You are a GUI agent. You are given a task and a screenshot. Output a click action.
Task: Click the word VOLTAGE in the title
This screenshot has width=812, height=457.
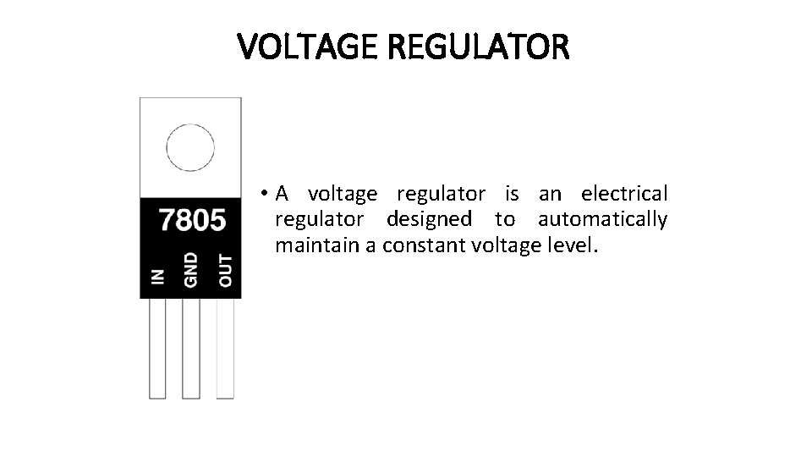click(308, 48)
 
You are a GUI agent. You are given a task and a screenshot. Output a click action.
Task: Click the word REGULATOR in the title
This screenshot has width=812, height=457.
click(479, 48)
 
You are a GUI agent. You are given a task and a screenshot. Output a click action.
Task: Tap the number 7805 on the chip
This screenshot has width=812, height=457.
click(192, 221)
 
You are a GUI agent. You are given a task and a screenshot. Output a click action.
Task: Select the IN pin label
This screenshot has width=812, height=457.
click(158, 277)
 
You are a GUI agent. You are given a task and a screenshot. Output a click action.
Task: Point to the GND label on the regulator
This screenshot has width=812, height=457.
click(191, 269)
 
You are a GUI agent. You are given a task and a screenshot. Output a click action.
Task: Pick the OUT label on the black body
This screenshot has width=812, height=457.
click(225, 270)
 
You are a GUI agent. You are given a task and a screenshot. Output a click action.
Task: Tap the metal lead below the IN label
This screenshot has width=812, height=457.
click(158, 348)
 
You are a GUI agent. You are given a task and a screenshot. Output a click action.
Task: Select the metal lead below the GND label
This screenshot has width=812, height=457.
click(191, 348)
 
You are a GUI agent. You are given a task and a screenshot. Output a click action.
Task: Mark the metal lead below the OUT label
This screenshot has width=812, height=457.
click(225, 348)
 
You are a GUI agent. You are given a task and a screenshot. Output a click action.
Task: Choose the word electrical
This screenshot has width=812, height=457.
click(624, 194)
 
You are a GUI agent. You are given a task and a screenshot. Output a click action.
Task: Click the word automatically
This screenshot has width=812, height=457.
click(602, 220)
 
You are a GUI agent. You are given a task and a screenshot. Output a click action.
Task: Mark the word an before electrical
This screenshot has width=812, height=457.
click(550, 194)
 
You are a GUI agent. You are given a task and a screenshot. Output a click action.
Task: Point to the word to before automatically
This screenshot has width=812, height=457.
click(505, 220)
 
